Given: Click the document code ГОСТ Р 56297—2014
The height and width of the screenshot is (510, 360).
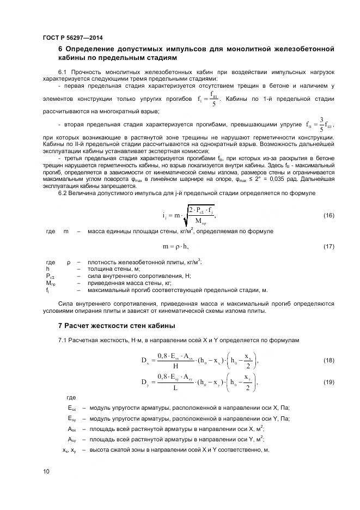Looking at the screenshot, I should [x=72, y=38].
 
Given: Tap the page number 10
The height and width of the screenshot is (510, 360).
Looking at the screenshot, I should [x=46, y=471].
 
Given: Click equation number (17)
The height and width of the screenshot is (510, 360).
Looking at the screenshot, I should [x=328, y=247].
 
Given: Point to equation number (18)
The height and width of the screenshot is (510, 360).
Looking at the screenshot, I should [x=328, y=361].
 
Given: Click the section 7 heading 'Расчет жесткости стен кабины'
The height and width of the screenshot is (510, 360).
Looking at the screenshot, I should [x=117, y=326].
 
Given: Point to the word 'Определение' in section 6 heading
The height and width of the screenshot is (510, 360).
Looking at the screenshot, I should [x=91, y=49].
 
